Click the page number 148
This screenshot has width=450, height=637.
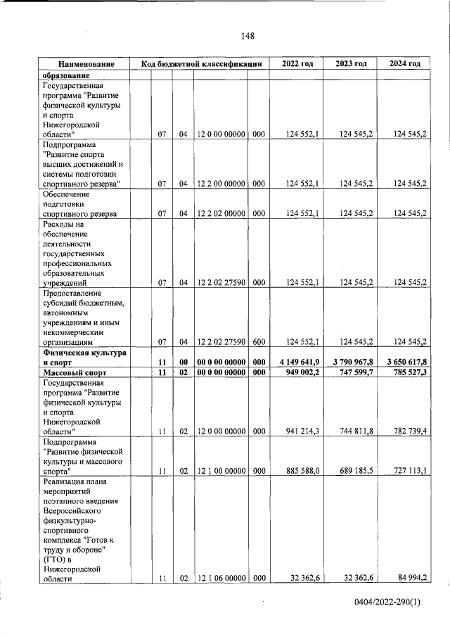[x=246, y=36]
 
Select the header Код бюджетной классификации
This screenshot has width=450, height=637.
[x=201, y=64]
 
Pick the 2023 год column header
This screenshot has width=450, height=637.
[x=351, y=64]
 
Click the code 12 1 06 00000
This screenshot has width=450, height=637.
[x=221, y=579]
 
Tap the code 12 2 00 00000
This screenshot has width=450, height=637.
[x=221, y=184]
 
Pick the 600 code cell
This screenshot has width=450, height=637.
[x=258, y=342]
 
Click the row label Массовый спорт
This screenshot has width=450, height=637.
[x=75, y=372]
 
